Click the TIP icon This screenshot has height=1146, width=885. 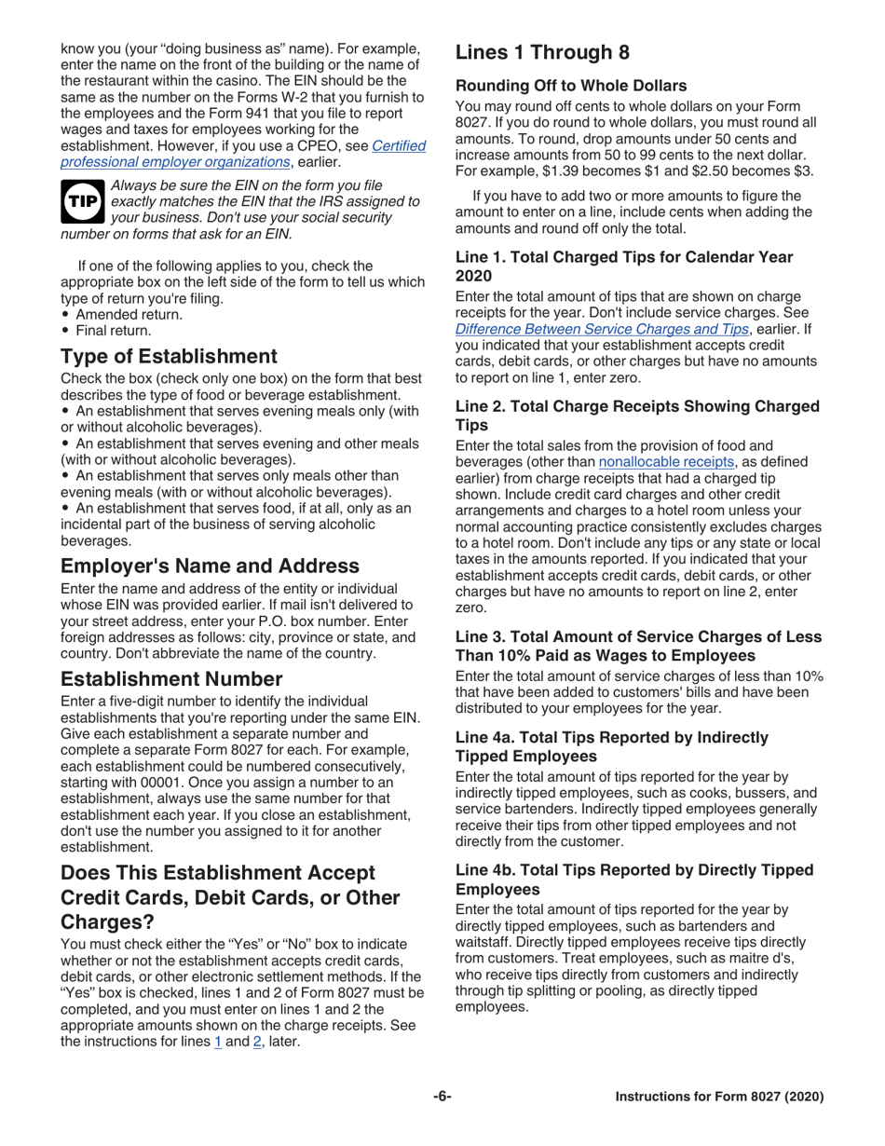pyautogui.click(x=83, y=201)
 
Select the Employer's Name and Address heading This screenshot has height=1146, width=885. pyautogui.click(x=210, y=566)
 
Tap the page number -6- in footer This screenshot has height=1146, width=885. pyautogui.click(x=442, y=1097)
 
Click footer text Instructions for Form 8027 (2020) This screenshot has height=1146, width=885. pyautogui.click(x=719, y=1098)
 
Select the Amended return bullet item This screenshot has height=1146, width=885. pyautogui.click(x=129, y=314)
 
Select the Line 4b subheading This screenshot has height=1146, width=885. pyautogui.click(x=633, y=879)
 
